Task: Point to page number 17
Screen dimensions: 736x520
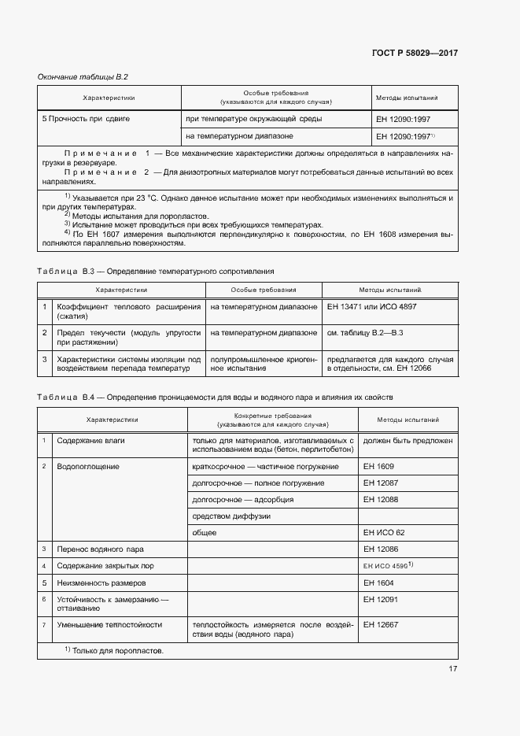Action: tap(452, 669)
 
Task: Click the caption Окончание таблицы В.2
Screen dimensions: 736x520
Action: tap(83, 76)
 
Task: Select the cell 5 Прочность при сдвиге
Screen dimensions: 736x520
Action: tap(86, 118)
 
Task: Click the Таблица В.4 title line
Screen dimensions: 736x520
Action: tap(219, 398)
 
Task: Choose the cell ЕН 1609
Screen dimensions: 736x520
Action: tap(378, 467)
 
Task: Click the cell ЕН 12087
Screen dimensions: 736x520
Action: tap(381, 483)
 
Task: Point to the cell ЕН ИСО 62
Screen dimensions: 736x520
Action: tap(384, 533)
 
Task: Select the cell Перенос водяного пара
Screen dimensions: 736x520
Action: tap(100, 549)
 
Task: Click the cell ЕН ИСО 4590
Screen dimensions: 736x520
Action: tap(388, 566)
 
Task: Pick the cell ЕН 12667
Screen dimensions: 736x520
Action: tap(381, 624)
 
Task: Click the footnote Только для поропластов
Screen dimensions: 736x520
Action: tap(113, 651)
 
